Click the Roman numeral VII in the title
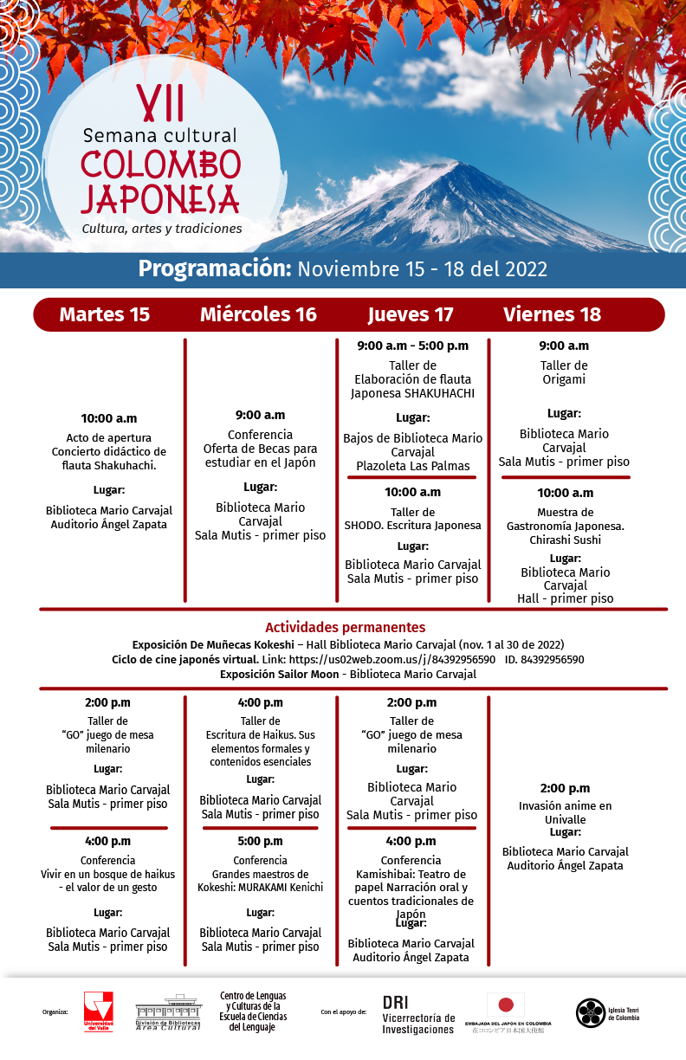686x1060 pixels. click(x=161, y=104)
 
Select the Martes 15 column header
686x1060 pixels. click(x=104, y=314)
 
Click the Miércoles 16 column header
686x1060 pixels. click(x=258, y=314)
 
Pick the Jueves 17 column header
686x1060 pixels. click(x=411, y=314)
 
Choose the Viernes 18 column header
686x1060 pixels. click(x=552, y=314)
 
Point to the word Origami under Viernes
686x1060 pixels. click(x=564, y=379)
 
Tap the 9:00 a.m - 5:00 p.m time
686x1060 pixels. click(x=412, y=346)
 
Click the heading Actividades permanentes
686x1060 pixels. click(x=345, y=627)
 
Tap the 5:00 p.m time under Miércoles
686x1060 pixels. click(x=260, y=841)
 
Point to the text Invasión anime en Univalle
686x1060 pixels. click(x=565, y=812)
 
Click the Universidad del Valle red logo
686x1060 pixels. click(x=98, y=1010)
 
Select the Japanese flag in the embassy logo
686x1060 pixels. click(x=505, y=1005)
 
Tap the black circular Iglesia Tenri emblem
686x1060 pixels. click(x=590, y=1012)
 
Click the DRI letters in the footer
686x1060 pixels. click(x=395, y=1002)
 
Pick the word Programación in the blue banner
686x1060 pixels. click(x=215, y=268)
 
